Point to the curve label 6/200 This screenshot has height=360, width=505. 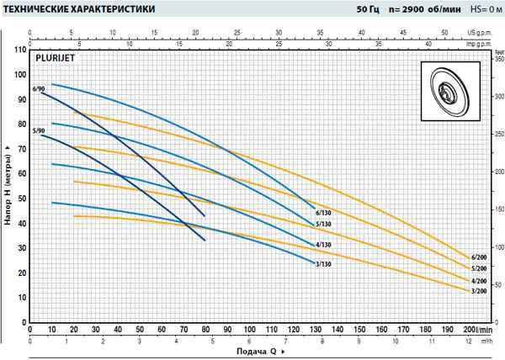click(x=479, y=257)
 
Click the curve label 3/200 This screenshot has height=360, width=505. click(x=479, y=291)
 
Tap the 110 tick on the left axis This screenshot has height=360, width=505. click(x=19, y=50)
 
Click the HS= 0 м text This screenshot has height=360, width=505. click(x=481, y=8)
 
